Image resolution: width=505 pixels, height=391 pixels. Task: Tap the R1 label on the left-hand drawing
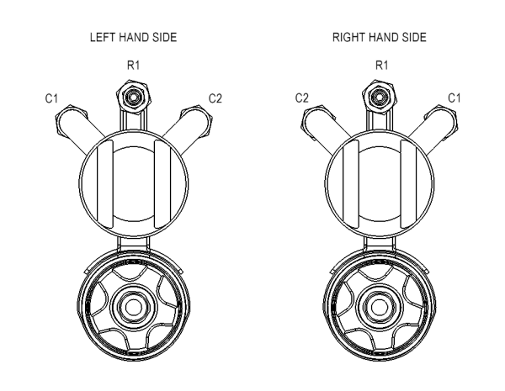[x=131, y=63]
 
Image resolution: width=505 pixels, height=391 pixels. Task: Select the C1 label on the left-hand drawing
[x=50, y=99]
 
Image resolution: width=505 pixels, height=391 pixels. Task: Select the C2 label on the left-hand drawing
[x=214, y=99]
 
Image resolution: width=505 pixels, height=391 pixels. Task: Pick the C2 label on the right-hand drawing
[x=300, y=99]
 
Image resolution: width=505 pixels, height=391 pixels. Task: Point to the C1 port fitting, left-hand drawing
[x=68, y=124]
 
